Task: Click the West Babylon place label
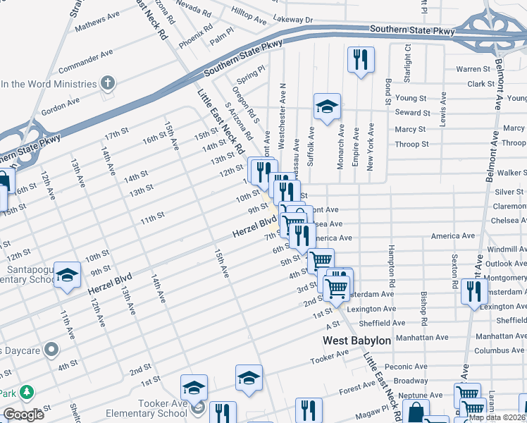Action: click(356, 341)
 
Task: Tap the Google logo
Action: click(23, 415)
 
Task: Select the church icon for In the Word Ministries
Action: click(108, 84)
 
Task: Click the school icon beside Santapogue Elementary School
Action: click(67, 276)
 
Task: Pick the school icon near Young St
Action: click(327, 106)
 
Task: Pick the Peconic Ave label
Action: click(402, 367)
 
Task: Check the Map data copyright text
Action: click(497, 417)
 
